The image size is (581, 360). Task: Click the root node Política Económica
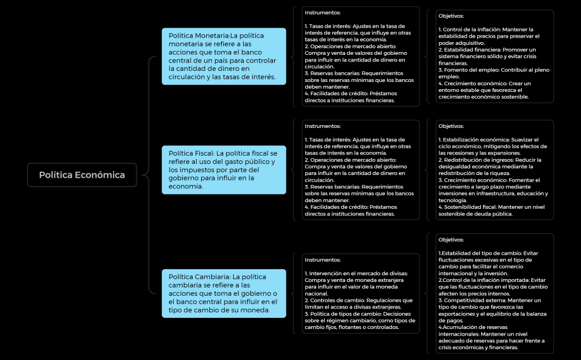82,175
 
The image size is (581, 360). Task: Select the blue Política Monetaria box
224,56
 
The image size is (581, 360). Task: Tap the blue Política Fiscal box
224,169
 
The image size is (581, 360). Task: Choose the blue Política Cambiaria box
224,293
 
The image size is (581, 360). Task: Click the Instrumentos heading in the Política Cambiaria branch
323,260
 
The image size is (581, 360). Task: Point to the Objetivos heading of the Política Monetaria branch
451,16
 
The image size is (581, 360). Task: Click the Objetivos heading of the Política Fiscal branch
451,126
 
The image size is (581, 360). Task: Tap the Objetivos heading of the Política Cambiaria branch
451,240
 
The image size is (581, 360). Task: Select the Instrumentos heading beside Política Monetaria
323,12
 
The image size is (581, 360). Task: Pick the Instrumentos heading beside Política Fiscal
323,126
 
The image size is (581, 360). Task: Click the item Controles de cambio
337,300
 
